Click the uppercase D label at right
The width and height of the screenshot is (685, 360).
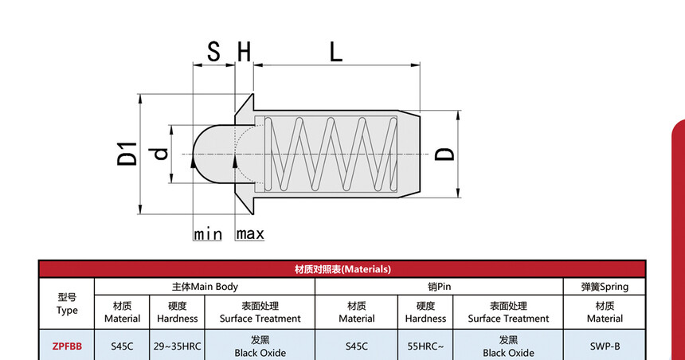pyautogui.click(x=445, y=153)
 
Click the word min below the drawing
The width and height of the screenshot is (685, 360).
pyautogui.click(x=208, y=234)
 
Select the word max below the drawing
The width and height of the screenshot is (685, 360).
pyautogui.click(x=249, y=234)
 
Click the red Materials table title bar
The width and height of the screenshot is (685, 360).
pyautogui.click(x=342, y=269)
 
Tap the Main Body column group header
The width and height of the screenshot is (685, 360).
pyautogui.click(x=205, y=287)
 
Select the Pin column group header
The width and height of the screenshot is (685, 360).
pyautogui.click(x=440, y=287)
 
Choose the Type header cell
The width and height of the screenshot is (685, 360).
pyautogui.click(x=67, y=303)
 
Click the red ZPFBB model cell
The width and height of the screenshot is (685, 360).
pyautogui.click(x=67, y=346)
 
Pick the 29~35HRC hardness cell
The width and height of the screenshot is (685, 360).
pyautogui.click(x=177, y=346)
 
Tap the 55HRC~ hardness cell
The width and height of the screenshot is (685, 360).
pyautogui.click(x=425, y=346)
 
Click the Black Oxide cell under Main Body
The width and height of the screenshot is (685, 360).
pyautogui.click(x=260, y=346)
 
